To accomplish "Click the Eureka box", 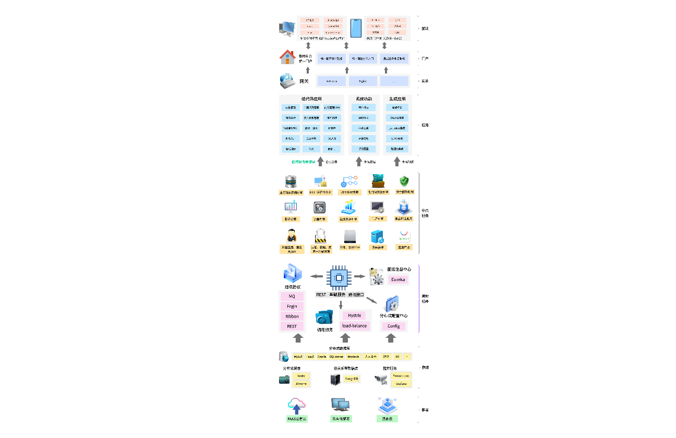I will point(398,279).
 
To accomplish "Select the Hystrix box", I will point(354,315).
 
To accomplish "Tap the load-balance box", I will point(354,326).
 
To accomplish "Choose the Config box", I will point(393,326).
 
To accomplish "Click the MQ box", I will point(292,296).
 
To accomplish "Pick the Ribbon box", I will point(292,317).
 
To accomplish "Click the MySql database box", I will point(298,357).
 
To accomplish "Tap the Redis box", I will point(300,376).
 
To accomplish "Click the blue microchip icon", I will point(338,278).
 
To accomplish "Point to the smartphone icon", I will point(356,28).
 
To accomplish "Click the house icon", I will point(287,56).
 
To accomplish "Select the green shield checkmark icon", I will point(404,181).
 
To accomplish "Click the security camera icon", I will point(381,380).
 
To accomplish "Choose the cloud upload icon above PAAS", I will point(297,406).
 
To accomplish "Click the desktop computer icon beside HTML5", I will point(287,29).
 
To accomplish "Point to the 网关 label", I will point(304,81).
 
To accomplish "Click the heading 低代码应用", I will point(311,99).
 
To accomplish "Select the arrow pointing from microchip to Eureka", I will point(359,276).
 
